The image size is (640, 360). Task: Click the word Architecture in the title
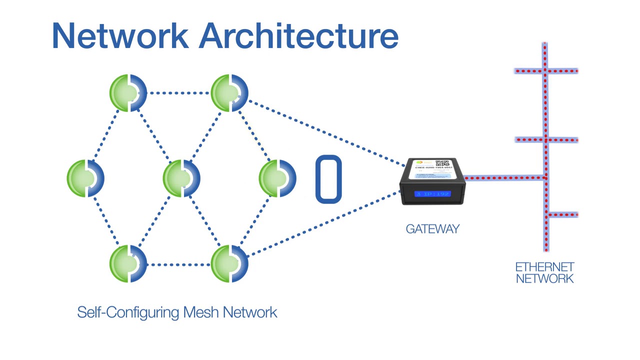299,36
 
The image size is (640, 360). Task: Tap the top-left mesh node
128,92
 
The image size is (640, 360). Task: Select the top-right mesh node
229,92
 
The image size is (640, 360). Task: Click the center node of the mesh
181,178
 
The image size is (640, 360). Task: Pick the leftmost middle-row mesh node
85,178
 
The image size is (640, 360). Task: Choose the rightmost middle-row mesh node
277,178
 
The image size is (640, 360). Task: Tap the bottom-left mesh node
128,263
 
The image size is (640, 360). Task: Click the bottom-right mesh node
229,263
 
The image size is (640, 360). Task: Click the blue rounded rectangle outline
328,179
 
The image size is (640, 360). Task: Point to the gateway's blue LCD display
433,193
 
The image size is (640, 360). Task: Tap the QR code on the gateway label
442,163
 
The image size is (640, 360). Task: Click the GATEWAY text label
432,229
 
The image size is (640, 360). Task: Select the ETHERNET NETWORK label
544,273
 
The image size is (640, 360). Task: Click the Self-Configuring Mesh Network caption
177,312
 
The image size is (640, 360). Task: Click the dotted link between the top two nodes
178,92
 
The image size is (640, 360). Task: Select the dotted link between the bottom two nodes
178,264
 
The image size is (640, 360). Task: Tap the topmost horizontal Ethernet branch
546,71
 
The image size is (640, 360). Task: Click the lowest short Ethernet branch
563,215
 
